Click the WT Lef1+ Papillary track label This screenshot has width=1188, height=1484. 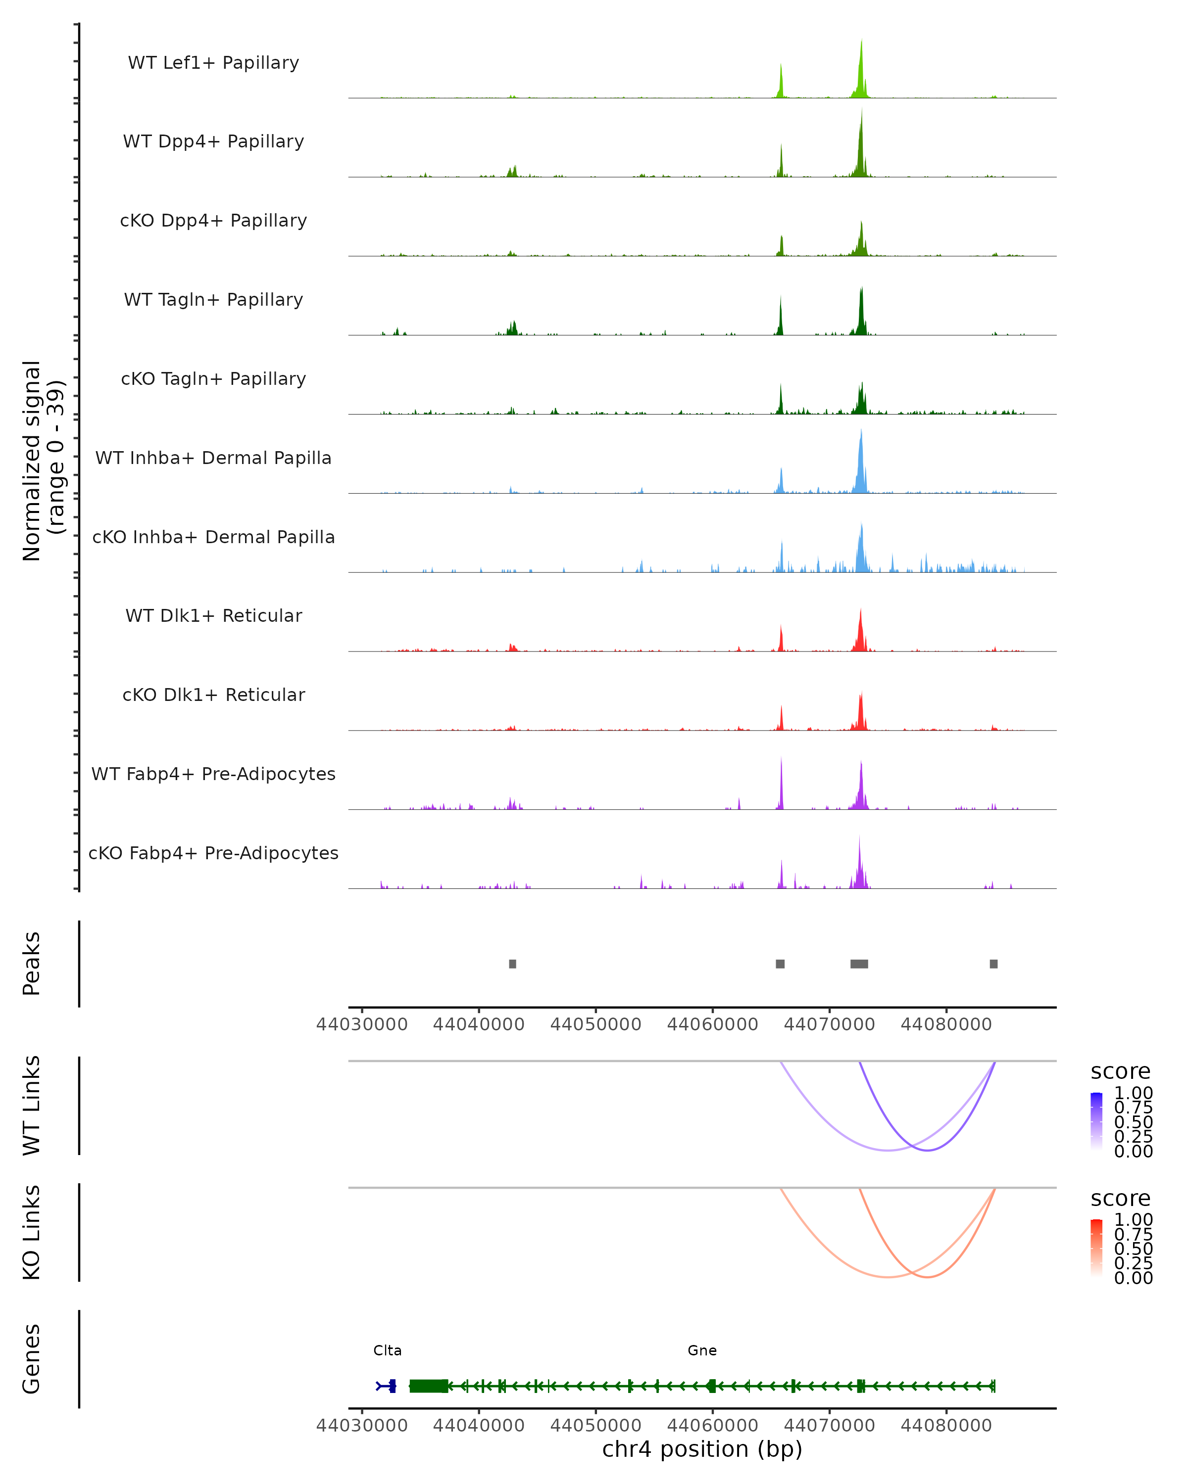[213, 63]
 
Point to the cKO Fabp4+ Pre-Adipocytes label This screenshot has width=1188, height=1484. [213, 853]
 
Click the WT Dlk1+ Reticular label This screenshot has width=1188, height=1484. [213, 615]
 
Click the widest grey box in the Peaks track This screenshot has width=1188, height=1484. [859, 964]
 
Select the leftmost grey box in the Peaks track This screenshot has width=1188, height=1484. [512, 964]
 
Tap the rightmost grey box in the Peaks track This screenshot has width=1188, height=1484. [993, 964]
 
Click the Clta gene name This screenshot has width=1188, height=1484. [387, 1350]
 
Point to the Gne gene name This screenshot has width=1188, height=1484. [702, 1350]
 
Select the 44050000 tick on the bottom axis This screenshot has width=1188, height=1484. [595, 1426]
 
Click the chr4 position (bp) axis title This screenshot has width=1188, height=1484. [702, 1449]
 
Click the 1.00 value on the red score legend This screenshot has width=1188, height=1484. [1133, 1220]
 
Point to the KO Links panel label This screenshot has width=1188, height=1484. [32, 1232]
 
